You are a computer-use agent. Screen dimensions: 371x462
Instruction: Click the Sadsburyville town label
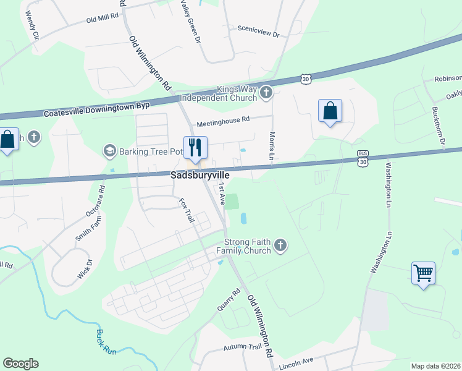click(x=200, y=176)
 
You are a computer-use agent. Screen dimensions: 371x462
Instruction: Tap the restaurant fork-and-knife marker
click(x=195, y=147)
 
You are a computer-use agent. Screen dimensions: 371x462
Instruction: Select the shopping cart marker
click(x=424, y=272)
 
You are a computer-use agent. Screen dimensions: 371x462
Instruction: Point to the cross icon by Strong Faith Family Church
click(x=280, y=246)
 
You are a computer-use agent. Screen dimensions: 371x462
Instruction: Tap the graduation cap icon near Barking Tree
click(x=110, y=151)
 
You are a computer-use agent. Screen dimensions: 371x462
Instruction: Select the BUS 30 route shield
click(x=363, y=158)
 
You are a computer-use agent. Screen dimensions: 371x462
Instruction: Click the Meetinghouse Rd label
click(x=223, y=121)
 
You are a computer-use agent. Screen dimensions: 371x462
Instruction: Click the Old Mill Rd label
click(x=102, y=18)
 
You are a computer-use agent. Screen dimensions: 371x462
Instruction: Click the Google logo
click(x=20, y=364)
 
